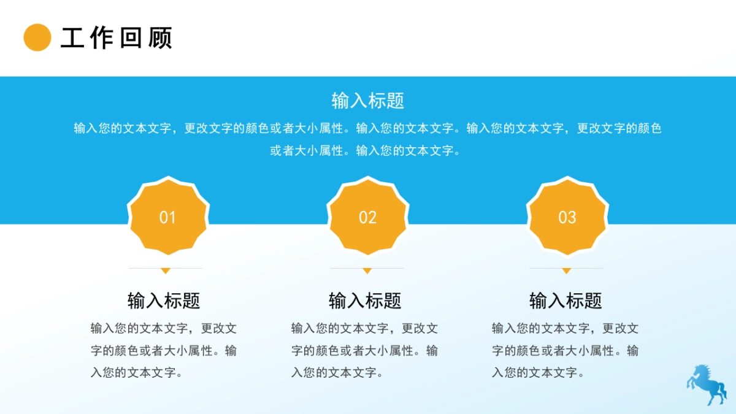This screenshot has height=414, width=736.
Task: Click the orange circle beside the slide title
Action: tap(37, 37)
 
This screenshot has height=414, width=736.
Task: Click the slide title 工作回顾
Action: tap(117, 38)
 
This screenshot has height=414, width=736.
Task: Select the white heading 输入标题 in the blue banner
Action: tap(367, 101)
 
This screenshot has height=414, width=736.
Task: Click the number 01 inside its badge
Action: tap(167, 217)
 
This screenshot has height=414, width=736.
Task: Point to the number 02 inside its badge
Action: tap(367, 217)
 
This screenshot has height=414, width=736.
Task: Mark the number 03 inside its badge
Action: tap(567, 217)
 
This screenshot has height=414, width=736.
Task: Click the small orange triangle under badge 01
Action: tap(166, 270)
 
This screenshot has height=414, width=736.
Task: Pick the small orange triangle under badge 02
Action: tap(367, 270)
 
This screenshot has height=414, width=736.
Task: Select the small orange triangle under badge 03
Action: tap(567, 270)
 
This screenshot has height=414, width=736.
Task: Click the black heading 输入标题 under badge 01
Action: tap(164, 301)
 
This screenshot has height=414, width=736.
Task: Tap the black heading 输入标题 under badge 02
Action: tap(365, 301)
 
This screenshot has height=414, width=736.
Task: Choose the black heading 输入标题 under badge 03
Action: tap(565, 301)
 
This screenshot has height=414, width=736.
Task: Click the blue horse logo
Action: tap(706, 384)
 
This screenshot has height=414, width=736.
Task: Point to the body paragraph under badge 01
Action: tap(164, 351)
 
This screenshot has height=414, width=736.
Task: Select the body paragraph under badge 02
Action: tap(364, 351)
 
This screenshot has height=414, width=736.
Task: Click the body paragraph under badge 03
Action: tap(565, 351)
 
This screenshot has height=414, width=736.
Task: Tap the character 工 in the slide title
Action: tap(72, 38)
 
